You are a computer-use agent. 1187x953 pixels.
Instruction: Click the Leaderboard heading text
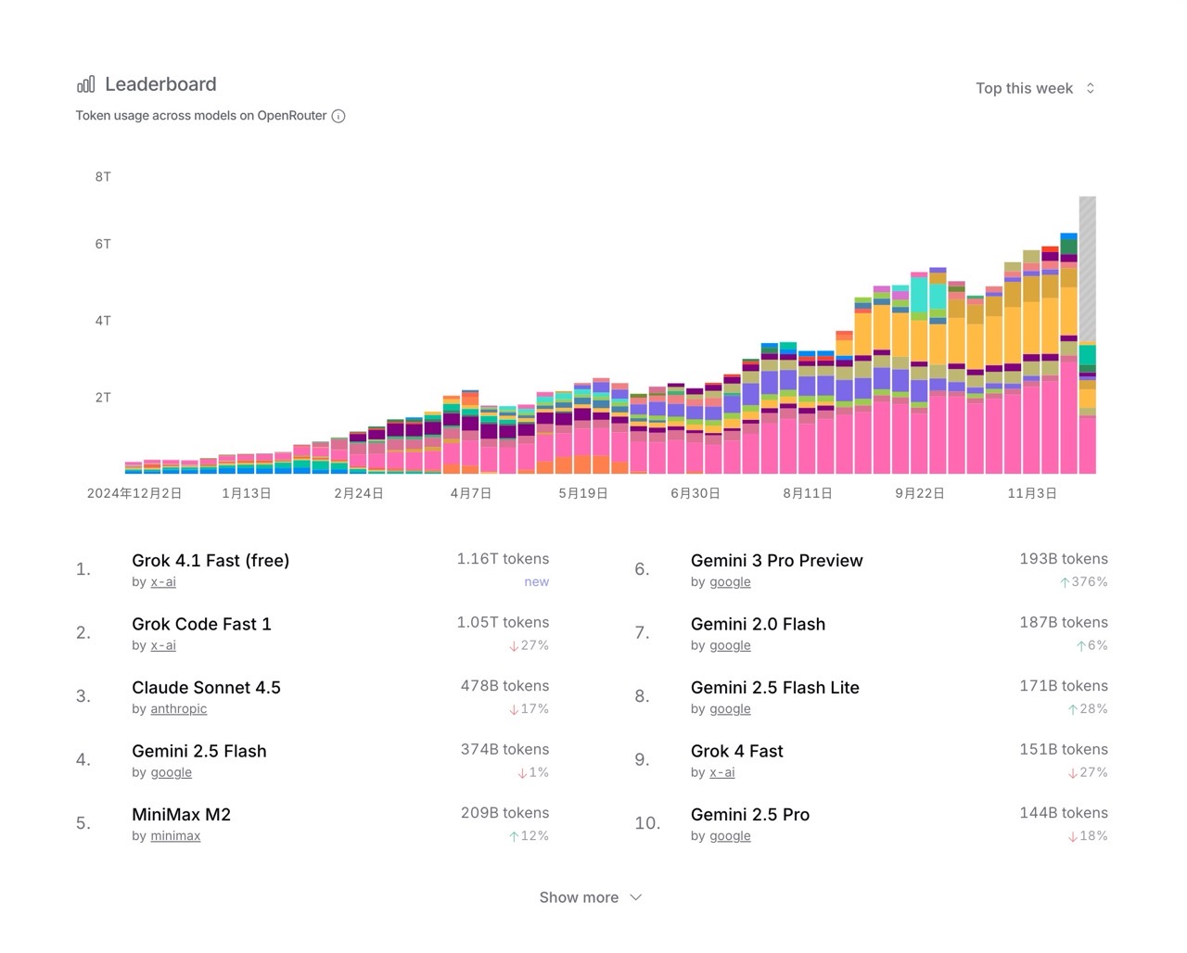coord(160,84)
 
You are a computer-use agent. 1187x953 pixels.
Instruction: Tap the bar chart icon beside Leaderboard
coord(85,84)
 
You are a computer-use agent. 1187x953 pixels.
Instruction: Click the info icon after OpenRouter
coord(338,116)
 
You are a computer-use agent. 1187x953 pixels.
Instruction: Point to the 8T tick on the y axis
coord(103,177)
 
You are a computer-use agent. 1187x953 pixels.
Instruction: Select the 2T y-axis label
coord(103,398)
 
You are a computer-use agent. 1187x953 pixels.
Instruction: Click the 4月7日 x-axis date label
coord(471,493)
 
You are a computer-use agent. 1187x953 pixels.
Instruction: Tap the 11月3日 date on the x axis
coord(1032,493)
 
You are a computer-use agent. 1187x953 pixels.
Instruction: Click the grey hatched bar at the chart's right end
coord(1087,269)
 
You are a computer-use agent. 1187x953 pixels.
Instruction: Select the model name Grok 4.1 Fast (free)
coord(211,560)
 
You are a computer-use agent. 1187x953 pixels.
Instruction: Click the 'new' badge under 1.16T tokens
coord(536,582)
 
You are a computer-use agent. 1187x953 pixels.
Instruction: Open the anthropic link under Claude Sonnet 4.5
coord(179,709)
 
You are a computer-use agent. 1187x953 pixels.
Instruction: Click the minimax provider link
coord(175,836)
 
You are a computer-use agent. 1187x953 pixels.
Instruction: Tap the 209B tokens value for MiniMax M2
coord(504,813)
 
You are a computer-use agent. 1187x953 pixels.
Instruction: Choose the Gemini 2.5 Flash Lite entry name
coord(774,687)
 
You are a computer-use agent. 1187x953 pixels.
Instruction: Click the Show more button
coord(590,897)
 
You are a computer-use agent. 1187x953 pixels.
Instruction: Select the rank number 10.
coord(647,823)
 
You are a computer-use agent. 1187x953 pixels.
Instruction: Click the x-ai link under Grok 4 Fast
coord(721,772)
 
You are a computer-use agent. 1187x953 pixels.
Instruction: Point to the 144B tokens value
coord(1064,813)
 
